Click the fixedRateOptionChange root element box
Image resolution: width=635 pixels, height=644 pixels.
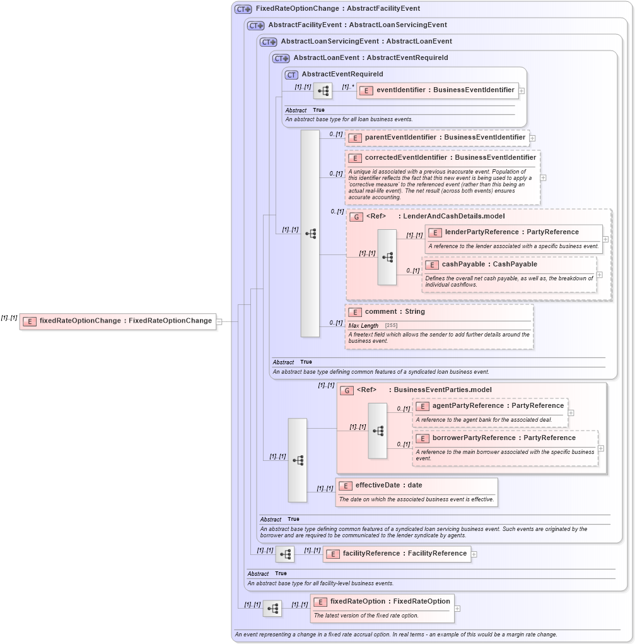pos(119,321)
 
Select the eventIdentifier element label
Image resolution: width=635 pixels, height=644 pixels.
pos(445,90)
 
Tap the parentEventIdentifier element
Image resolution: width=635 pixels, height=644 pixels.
pos(445,137)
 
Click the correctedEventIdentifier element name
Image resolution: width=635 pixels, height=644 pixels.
pos(450,157)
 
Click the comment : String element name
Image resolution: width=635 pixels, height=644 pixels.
pos(395,311)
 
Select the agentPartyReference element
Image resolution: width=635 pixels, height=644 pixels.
pos(498,405)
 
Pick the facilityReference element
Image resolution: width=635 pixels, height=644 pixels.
pos(404,553)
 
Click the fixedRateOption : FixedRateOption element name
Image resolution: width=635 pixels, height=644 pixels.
pos(390,601)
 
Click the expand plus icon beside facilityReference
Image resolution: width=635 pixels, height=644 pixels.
pos(474,554)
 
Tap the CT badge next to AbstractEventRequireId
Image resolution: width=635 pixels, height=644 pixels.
pos(291,75)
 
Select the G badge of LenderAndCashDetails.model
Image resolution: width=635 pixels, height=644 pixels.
pos(356,217)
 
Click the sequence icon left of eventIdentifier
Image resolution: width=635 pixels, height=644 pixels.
pos(323,91)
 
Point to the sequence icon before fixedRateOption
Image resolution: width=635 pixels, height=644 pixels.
pos(272,609)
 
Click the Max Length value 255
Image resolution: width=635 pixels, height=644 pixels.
pos(391,325)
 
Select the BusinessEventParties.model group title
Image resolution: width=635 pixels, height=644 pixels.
pos(442,390)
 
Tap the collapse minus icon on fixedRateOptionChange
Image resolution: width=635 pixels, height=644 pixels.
pos(219,321)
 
